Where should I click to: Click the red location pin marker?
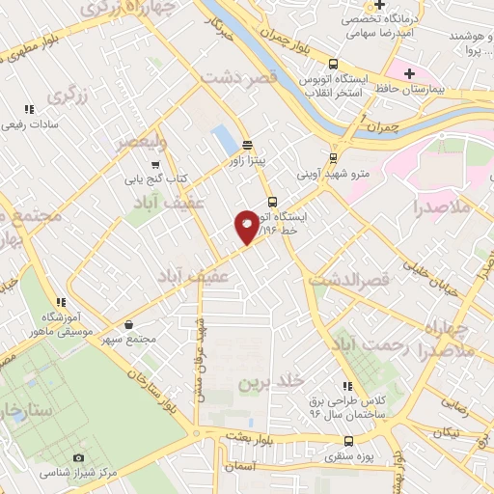point(247,227)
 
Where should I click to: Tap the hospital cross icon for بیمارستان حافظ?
point(410,73)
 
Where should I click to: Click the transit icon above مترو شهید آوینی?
point(333,157)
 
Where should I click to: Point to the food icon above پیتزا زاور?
point(247,145)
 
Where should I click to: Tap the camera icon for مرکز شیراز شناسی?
point(79,457)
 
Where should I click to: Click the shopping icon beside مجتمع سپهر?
point(129,325)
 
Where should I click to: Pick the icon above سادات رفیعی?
point(29,110)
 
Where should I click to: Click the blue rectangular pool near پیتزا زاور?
point(222,139)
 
